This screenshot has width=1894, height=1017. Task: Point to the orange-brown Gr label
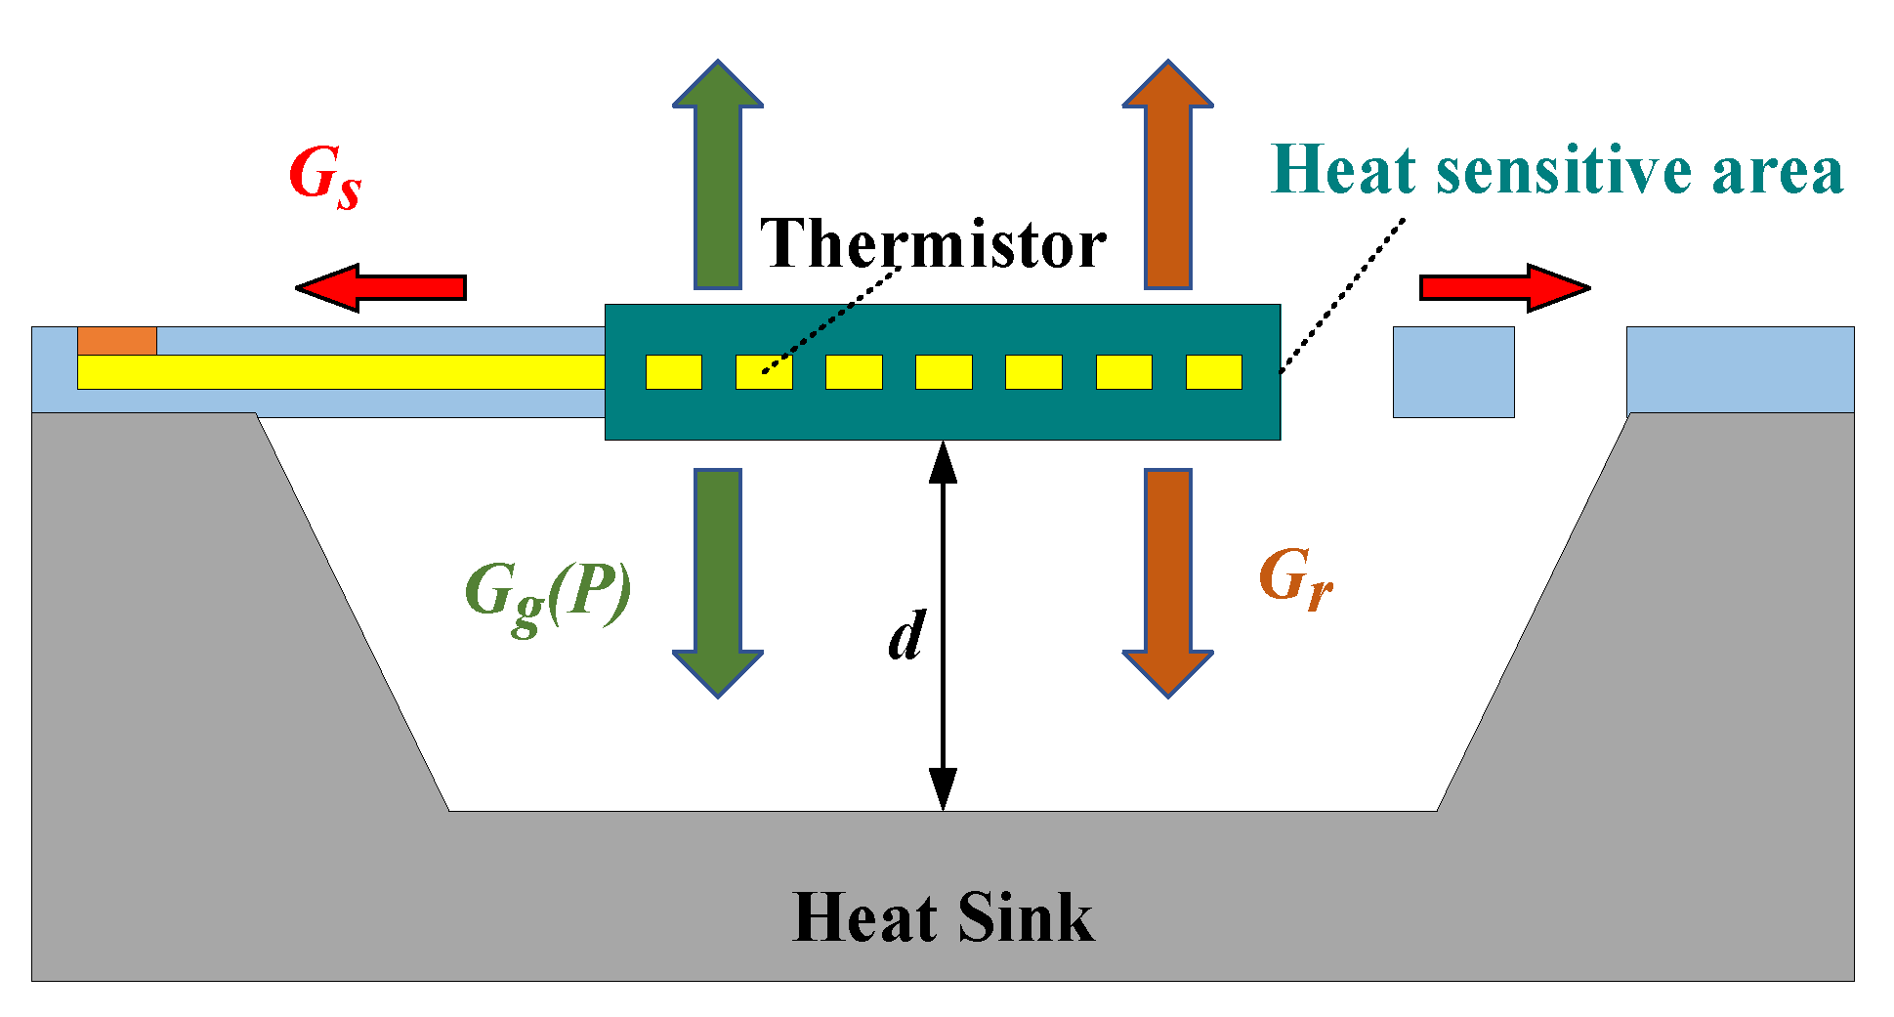[x=1295, y=578]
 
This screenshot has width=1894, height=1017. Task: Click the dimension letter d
[x=906, y=637]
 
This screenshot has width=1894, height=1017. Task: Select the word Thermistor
[x=933, y=244]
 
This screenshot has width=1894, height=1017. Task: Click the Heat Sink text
[x=943, y=918]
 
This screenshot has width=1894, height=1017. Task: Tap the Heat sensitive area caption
[x=1557, y=171]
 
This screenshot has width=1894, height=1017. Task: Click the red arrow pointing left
[x=380, y=287]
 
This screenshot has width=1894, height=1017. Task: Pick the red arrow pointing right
[x=1505, y=287]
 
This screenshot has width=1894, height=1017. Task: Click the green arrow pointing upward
[x=718, y=176]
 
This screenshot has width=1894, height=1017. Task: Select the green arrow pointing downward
[x=718, y=581]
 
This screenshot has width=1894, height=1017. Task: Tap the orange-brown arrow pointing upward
[x=1168, y=176]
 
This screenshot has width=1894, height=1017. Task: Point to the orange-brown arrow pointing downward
[x=1168, y=581]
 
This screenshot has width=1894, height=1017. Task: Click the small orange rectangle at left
[x=117, y=341]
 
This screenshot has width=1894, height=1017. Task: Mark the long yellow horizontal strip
[x=341, y=372]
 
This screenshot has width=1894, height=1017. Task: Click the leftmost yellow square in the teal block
[x=674, y=372]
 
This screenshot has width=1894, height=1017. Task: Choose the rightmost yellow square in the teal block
[x=1214, y=372]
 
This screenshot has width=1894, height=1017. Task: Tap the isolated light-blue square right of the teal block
[x=1453, y=372]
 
